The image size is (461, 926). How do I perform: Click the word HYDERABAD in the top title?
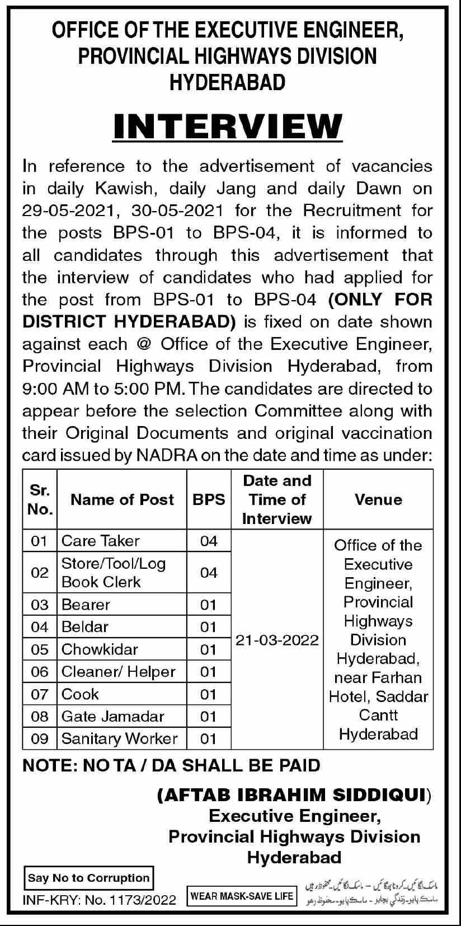(x=228, y=83)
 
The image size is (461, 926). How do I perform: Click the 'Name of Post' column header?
(x=122, y=499)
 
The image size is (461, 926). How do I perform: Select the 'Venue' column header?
(x=378, y=499)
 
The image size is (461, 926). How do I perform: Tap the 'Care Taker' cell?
(x=101, y=541)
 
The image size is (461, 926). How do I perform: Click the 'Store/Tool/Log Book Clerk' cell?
(x=114, y=572)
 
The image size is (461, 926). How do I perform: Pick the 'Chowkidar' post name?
(x=100, y=649)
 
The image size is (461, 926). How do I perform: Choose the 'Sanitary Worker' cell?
(x=119, y=738)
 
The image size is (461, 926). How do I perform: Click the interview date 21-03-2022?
(x=277, y=640)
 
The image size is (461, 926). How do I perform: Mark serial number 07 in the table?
(x=40, y=694)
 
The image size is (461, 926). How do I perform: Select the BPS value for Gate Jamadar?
(x=208, y=717)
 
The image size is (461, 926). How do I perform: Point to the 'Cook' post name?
(x=80, y=694)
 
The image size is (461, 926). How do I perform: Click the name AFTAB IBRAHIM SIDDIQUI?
(x=294, y=796)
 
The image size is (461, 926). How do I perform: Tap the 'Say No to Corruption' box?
(x=89, y=878)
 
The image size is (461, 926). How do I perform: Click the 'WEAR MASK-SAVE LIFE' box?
(x=242, y=896)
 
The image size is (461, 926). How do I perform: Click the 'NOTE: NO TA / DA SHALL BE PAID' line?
(x=171, y=765)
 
